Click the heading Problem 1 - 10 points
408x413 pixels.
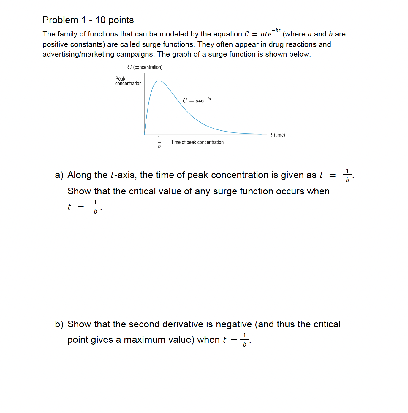[88, 20]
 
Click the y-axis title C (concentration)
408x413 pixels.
[145, 67]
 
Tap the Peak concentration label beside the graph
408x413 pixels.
[128, 81]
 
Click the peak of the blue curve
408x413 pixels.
[159, 81]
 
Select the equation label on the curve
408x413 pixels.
[197, 100]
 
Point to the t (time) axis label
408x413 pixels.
[277, 135]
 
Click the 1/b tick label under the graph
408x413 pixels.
[159, 142]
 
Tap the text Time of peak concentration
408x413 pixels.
[197, 142]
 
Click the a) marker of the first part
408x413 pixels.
[59, 175]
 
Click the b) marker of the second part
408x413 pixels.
[59, 324]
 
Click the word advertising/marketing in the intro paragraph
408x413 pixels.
[78, 54]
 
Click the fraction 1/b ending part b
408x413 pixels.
[244, 340]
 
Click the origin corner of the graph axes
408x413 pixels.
[145, 135]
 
